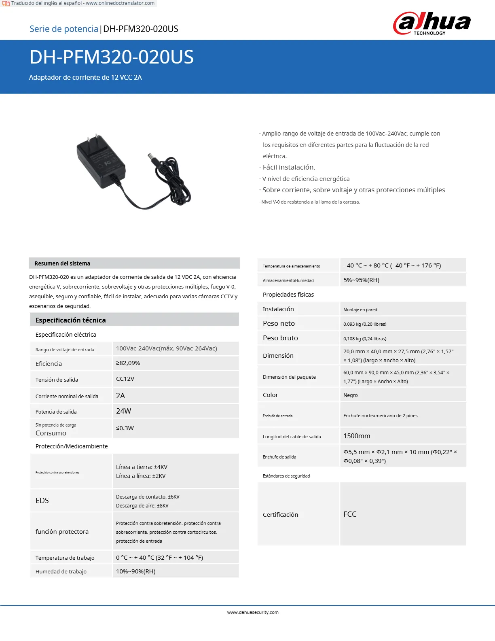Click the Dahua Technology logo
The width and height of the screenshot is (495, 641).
[432, 23]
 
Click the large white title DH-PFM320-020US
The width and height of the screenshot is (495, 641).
[112, 57]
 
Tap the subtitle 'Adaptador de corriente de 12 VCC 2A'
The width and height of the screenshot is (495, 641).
[85, 77]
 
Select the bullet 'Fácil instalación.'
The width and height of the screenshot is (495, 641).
[289, 167]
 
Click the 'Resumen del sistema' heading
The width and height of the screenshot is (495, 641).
[62, 263]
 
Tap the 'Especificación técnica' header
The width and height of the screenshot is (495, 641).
[70, 320]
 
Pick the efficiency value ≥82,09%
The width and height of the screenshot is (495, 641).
[128, 363]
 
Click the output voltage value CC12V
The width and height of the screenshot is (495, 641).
[125, 379]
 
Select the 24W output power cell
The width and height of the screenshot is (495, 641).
[123, 411]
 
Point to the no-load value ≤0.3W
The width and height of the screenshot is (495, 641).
[125, 428]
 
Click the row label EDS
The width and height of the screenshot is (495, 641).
[42, 501]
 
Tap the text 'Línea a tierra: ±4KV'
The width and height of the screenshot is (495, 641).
[142, 467]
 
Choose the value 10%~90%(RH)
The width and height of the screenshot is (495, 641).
[135, 571]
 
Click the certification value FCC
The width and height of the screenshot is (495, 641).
[350, 514]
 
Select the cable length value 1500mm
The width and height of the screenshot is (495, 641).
[357, 436]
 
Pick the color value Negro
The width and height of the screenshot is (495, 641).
[350, 395]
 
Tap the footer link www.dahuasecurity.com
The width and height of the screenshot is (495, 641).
[253, 612]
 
